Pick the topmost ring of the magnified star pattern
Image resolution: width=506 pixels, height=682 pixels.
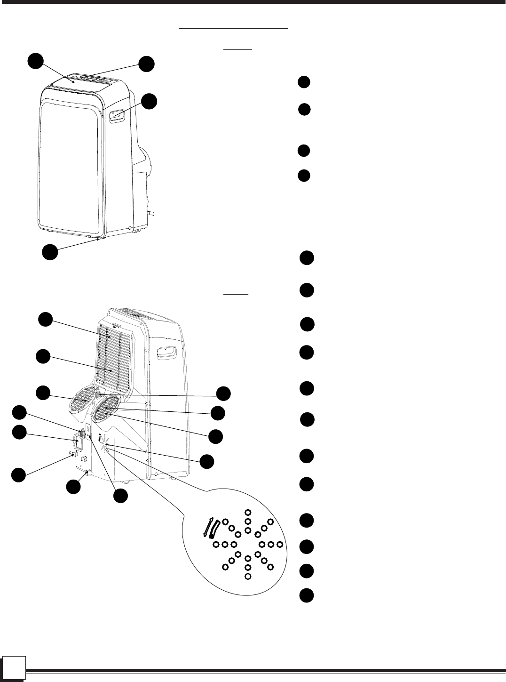248,513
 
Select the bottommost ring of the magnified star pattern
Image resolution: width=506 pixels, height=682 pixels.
248,576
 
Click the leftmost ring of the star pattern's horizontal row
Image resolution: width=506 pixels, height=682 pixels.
216,545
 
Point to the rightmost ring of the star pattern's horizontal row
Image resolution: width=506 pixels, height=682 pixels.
280,545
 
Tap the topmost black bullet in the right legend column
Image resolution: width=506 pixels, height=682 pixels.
304,82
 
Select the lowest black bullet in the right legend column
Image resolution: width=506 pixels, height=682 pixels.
307,595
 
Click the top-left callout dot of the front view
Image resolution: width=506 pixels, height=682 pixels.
35,61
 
